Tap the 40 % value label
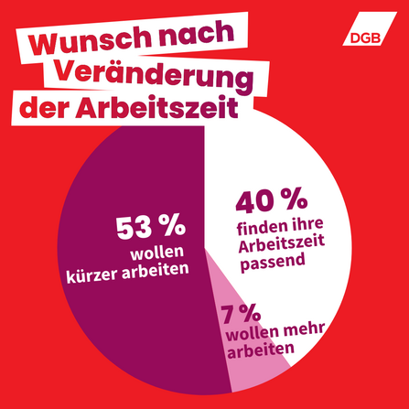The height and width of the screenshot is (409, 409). [272, 199]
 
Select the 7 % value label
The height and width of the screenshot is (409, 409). [242, 314]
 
